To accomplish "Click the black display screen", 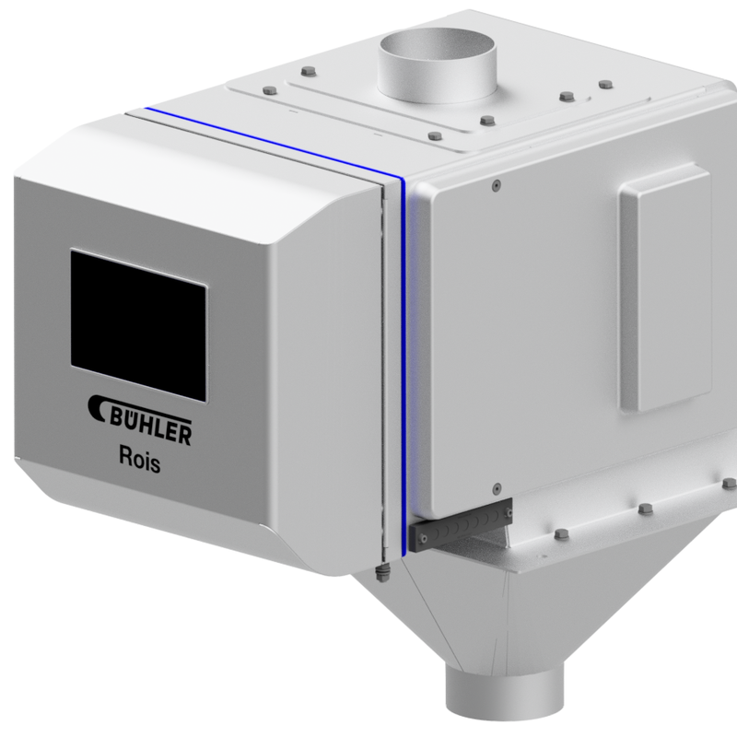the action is tap(139, 326).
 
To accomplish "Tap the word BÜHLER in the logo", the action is tap(151, 427).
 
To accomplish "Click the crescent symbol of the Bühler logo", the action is tap(98, 407).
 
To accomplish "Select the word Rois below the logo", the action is tap(140, 459).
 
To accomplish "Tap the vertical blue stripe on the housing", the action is tap(404, 367).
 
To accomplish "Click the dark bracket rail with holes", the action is tap(461, 524).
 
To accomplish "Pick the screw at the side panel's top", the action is tap(496, 185).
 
